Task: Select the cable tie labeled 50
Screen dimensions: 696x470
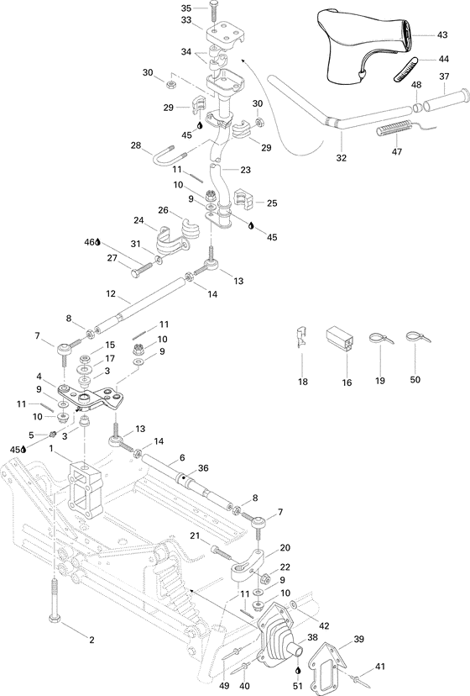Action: pyautogui.click(x=412, y=338)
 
